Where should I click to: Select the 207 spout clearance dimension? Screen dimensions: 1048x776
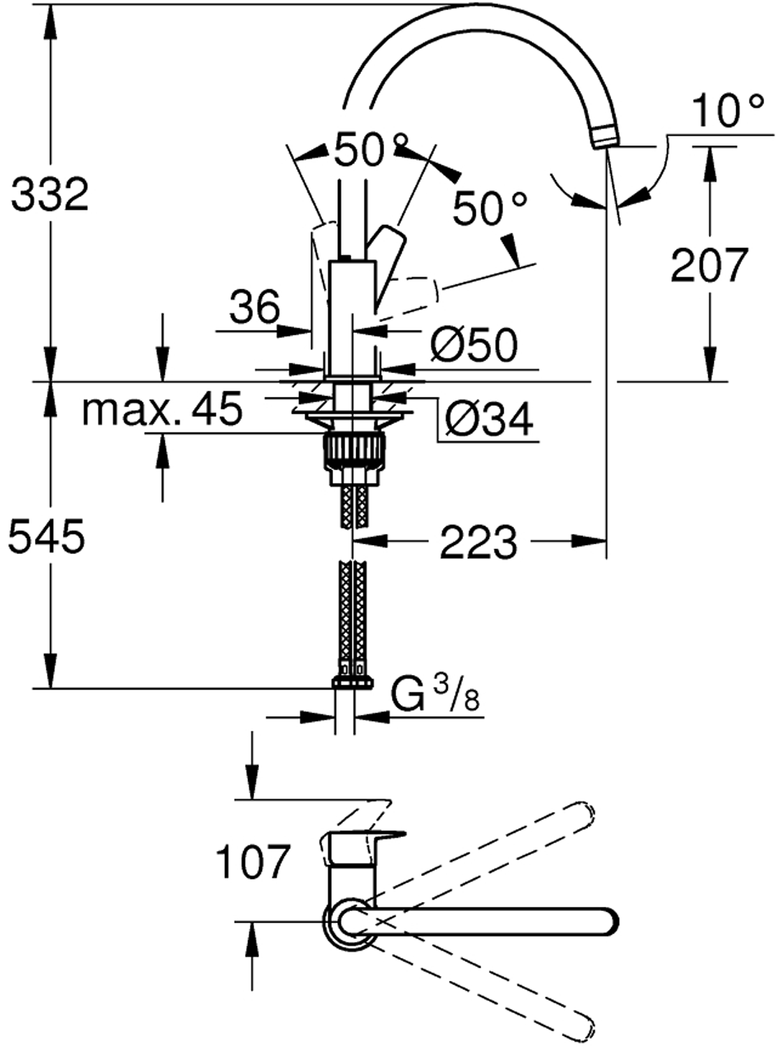[709, 265]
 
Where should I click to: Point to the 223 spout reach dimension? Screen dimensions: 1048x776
[478, 541]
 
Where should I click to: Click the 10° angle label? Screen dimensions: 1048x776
[726, 112]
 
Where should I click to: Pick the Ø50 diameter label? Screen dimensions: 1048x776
[474, 344]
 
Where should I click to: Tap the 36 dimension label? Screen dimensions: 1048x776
[255, 307]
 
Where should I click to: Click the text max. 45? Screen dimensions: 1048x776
[162, 410]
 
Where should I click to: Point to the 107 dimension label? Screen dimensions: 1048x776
[252, 861]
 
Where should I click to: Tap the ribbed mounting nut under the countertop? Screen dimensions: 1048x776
[353, 451]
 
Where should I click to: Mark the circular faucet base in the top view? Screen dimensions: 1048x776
[344, 921]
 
